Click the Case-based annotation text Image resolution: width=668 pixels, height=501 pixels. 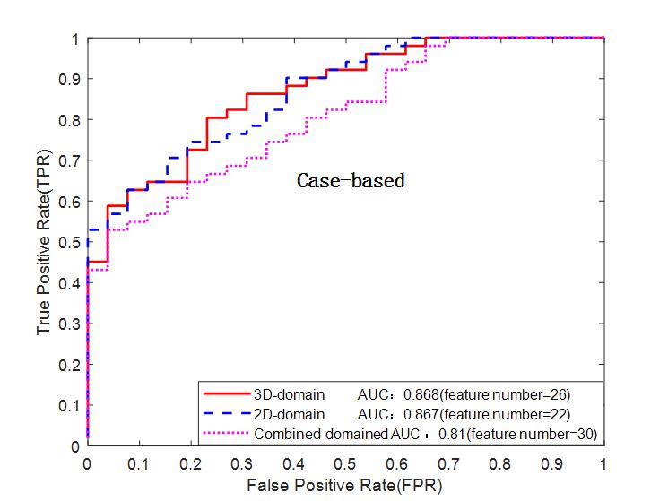click(x=351, y=181)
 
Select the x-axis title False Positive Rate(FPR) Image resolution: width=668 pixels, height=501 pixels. click(x=345, y=484)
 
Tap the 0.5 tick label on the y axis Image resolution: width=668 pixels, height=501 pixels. click(x=69, y=242)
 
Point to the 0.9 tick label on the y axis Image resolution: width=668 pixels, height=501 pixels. click(x=69, y=79)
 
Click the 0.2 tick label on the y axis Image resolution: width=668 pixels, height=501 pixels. click(x=69, y=365)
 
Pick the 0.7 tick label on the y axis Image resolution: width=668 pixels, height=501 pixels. click(x=69, y=160)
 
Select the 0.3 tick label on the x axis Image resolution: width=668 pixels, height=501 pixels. click(x=241, y=464)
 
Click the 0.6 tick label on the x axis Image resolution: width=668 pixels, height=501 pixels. click(x=396, y=464)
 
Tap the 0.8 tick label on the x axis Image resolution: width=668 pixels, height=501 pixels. click(x=500, y=464)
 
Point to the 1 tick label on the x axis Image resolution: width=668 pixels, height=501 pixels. click(x=603, y=464)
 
